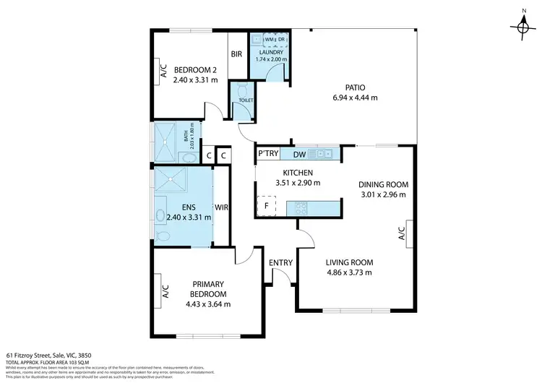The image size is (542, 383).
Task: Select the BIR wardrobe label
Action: (236, 54)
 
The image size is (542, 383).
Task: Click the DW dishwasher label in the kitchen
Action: (299, 154)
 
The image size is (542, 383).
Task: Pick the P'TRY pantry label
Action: (270, 154)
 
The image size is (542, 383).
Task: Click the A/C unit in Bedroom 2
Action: (163, 70)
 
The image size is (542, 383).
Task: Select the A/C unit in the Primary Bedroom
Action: (164, 291)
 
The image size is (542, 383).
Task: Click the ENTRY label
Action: (279, 263)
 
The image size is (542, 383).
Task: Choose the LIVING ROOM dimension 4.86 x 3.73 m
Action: (348, 272)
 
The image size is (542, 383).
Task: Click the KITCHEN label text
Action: (298, 173)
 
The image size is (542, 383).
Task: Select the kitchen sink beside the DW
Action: (319, 154)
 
